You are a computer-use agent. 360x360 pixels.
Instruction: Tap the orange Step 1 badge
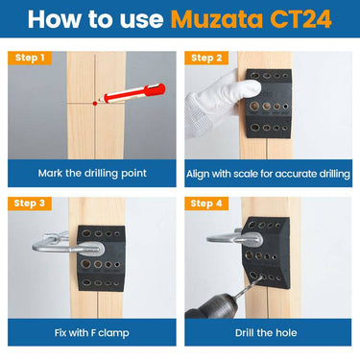point(31,58)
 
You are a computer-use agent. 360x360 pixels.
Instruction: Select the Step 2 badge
point(206,58)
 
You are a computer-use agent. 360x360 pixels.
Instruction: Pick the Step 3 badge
point(31,204)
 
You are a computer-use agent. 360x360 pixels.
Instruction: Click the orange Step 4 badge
point(207,204)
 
